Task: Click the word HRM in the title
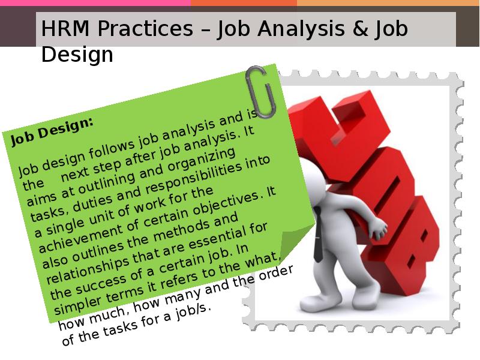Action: pyautogui.click(x=65, y=28)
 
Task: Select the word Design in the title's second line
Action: pyautogui.click(x=77, y=55)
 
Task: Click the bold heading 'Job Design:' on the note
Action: pyautogui.click(x=52, y=131)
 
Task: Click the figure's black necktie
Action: pyautogui.click(x=318, y=234)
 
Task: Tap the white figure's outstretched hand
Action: pyautogui.click(x=379, y=229)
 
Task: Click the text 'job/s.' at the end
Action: pyautogui.click(x=193, y=312)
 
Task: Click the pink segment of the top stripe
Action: pyautogui.click(x=95, y=3)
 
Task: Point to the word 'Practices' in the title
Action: pyautogui.click(x=145, y=28)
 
